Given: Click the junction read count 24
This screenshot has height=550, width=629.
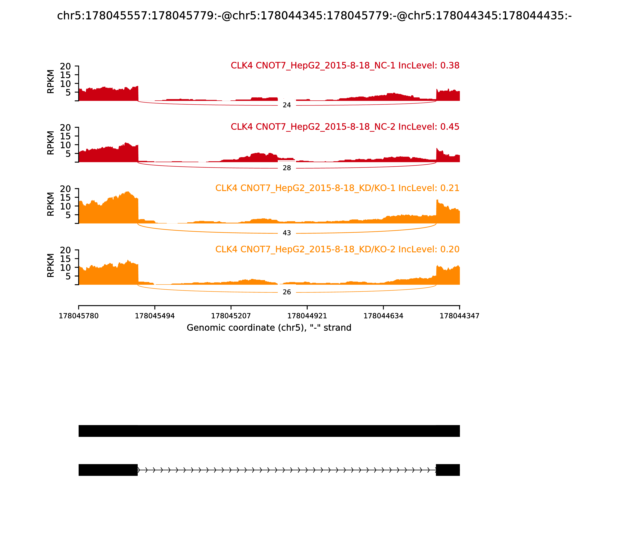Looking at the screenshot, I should [287, 105].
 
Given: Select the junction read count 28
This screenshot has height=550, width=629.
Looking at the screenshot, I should [287, 168].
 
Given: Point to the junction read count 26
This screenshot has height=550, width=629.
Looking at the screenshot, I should [287, 292].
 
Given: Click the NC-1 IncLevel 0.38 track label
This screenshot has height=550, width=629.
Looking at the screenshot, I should [345, 66].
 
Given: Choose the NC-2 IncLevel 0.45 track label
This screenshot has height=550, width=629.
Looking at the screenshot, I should [345, 127].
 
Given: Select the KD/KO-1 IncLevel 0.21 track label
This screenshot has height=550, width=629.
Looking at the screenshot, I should [337, 188].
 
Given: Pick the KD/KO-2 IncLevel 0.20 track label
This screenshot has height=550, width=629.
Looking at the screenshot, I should [337, 249].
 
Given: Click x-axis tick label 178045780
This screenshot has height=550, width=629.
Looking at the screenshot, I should [79, 316].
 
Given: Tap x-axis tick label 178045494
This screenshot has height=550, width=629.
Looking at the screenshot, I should [155, 316].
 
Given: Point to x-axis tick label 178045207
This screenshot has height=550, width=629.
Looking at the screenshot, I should [231, 316].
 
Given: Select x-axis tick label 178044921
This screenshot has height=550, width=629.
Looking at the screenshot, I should [307, 316].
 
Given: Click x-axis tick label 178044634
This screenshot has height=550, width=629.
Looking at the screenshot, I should [383, 316].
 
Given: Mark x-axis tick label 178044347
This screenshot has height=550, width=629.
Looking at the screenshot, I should [460, 316].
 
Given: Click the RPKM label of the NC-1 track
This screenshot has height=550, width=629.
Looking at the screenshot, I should [51, 82].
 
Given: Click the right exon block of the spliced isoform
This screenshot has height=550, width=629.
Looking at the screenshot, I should [448, 470].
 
